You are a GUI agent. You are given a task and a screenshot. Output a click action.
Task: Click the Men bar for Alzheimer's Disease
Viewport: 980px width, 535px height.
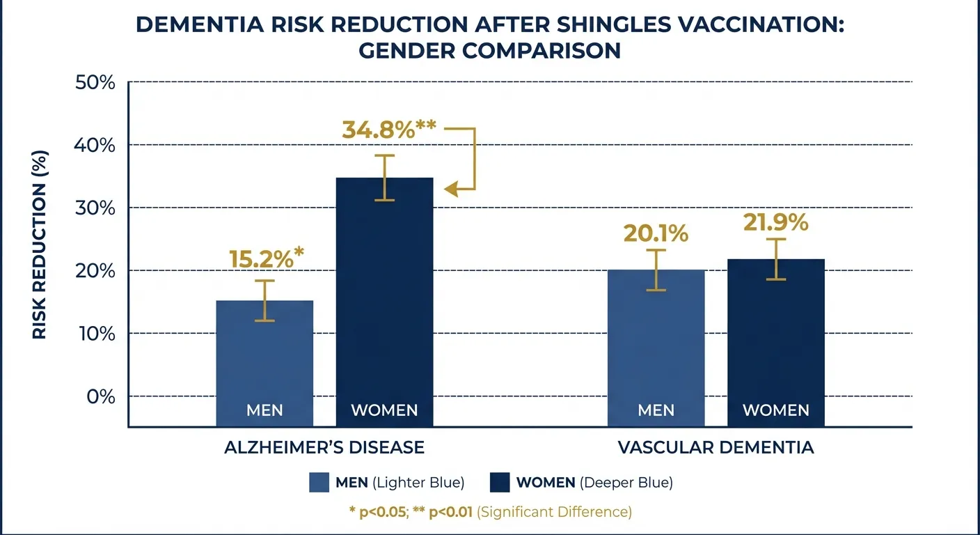tap(264, 362)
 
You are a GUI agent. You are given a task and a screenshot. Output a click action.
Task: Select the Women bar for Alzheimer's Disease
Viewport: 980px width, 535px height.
tap(384, 300)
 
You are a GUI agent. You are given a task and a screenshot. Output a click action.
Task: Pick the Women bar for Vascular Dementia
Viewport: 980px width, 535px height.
tap(775, 341)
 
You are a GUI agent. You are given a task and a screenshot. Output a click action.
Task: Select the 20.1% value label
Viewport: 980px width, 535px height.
tap(656, 233)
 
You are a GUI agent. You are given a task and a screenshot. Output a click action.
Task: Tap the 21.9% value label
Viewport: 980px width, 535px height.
tap(775, 222)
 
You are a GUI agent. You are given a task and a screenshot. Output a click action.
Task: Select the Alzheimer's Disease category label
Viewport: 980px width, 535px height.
tap(324, 447)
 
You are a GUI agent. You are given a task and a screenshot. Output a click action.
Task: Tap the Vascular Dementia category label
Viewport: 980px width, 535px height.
tap(716, 447)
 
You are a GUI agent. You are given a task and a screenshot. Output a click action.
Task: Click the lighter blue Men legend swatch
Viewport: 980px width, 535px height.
tap(319, 483)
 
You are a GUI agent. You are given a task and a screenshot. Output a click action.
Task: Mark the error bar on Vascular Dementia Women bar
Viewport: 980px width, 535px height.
tap(775, 259)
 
